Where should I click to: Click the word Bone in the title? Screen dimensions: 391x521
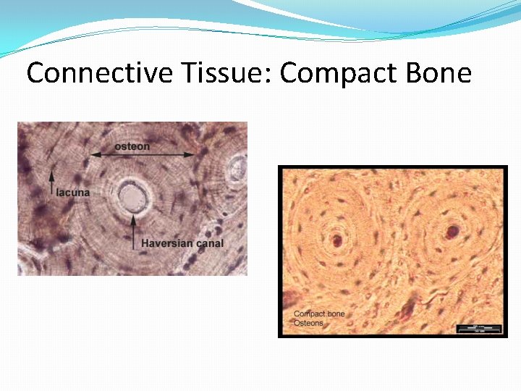click(x=439, y=73)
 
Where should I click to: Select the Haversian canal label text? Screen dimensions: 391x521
click(x=182, y=243)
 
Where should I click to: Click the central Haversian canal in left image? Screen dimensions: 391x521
click(x=132, y=195)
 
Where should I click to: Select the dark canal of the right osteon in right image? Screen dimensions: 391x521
click(x=453, y=232)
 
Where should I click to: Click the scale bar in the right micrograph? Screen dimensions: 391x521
click(x=478, y=329)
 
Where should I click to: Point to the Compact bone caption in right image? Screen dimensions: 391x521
click(x=319, y=314)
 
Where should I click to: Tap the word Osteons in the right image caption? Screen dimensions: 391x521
click(x=308, y=323)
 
